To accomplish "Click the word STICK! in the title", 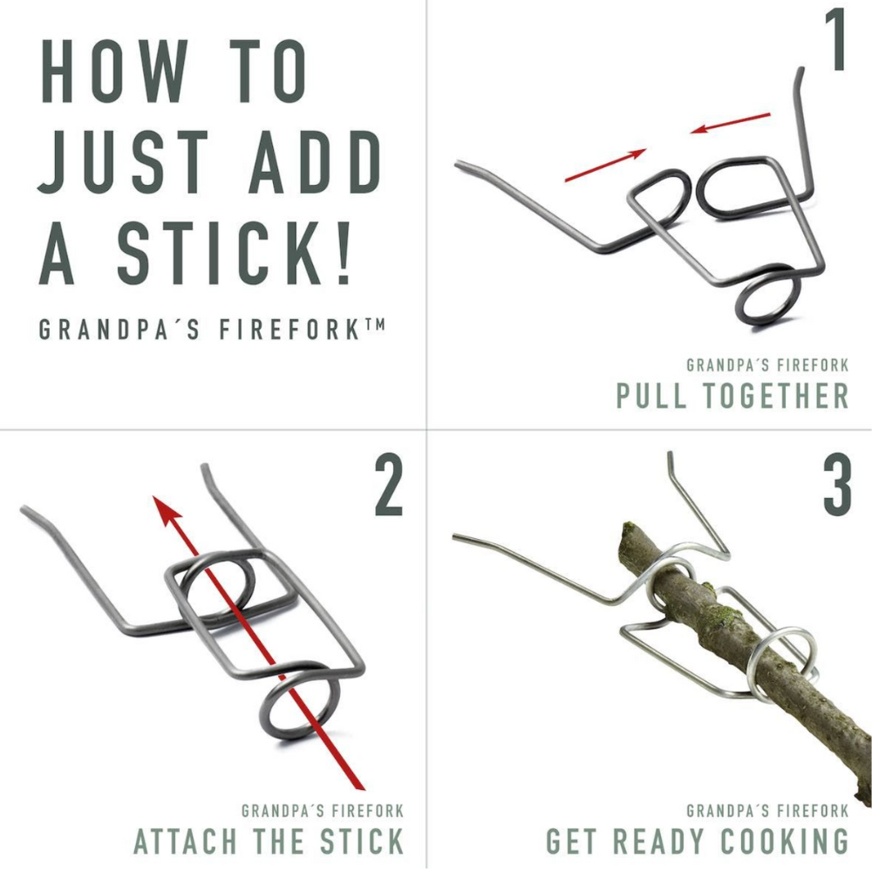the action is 235,253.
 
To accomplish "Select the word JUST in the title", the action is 124,162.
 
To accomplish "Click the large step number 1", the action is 835,40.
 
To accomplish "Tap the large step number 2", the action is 388,485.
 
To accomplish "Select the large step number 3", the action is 837,485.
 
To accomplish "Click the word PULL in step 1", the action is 651,395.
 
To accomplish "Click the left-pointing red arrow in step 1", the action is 730,123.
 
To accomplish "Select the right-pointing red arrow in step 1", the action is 605,165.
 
